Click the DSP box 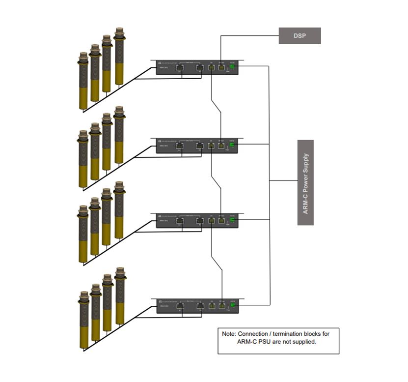click(299, 36)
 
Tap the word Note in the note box click(229, 334)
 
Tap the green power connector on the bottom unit click(233, 306)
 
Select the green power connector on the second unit click(233, 145)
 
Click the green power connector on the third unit click(233, 221)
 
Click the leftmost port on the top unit click(180, 68)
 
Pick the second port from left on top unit click(199, 68)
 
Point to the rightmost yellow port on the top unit click(221, 68)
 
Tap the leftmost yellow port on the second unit click(212, 146)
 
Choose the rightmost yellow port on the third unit click(221, 221)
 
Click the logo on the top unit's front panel click(161, 63)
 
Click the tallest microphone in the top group click(119, 57)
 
